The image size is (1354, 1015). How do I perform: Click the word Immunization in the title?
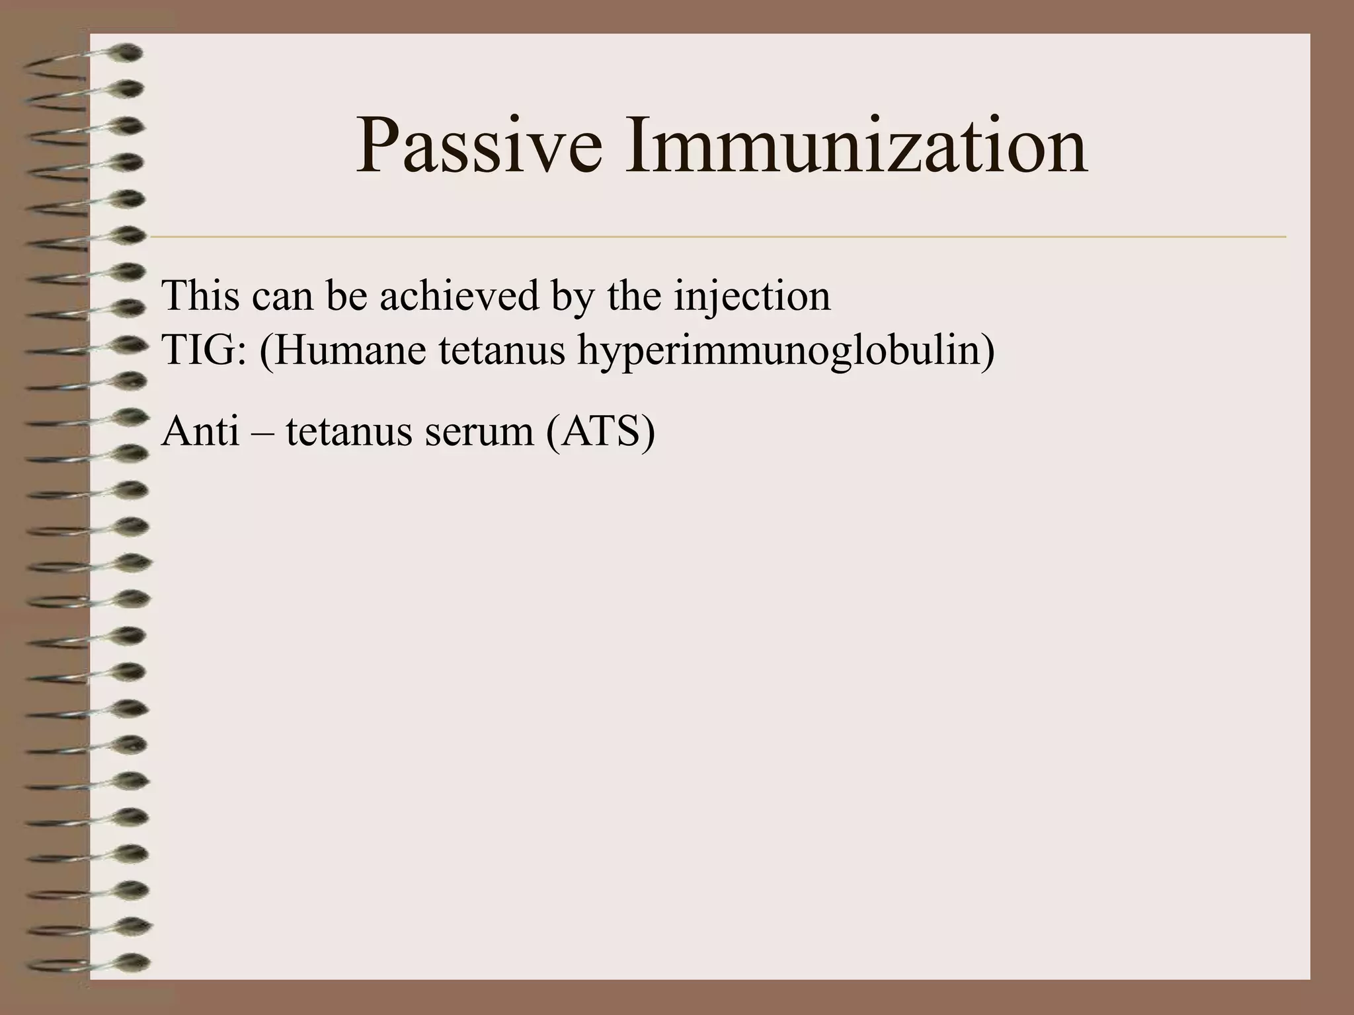[x=856, y=146]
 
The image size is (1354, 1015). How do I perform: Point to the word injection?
[x=752, y=297]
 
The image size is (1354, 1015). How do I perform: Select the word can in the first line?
[x=282, y=297]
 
